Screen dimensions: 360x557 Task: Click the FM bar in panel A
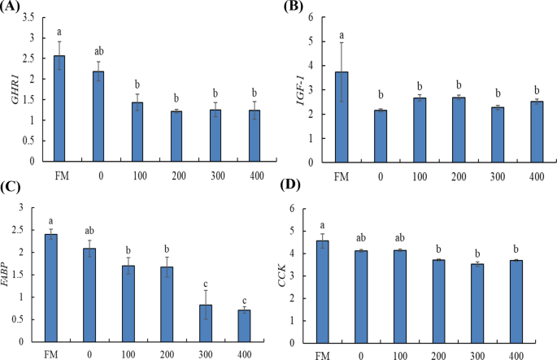59,109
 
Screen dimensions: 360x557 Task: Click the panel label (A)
14,8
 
